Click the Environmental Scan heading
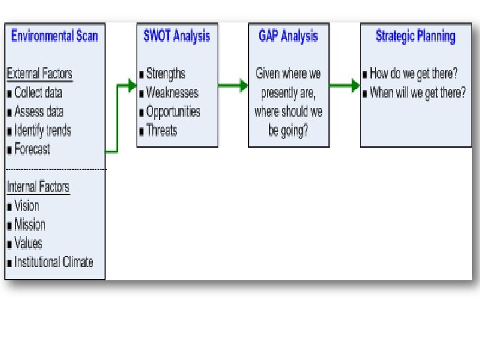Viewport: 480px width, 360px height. (54, 36)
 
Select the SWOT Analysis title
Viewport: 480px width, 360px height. (177, 36)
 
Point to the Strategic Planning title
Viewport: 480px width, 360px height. (415, 36)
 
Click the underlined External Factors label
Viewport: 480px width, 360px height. (40, 73)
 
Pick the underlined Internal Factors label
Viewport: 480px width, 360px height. (38, 187)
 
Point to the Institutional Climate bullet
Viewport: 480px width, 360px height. (53, 262)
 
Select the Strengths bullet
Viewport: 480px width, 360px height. (165, 74)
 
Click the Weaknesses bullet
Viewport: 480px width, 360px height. (171, 92)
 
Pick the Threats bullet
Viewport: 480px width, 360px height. (162, 131)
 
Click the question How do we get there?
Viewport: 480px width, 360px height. (414, 74)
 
